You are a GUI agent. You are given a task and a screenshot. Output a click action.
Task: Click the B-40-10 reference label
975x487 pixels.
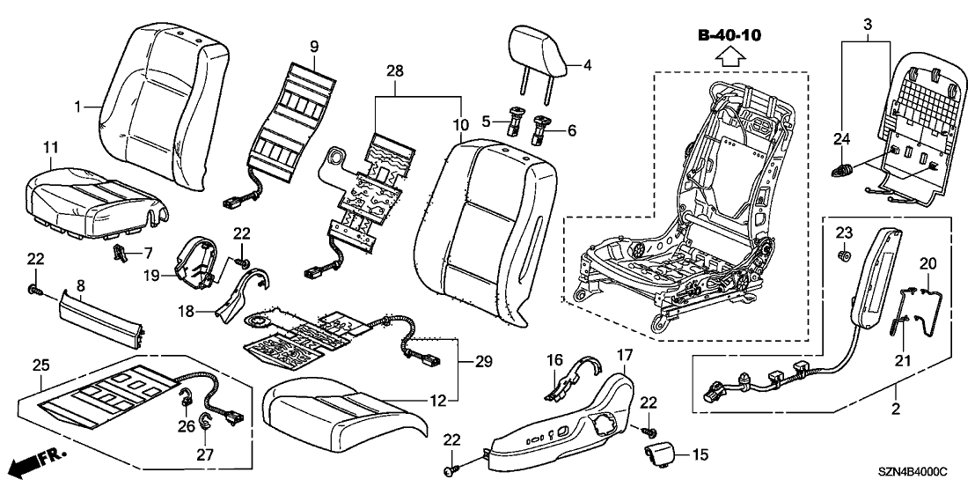(x=729, y=36)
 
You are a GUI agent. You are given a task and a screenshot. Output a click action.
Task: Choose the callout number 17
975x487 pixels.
(x=623, y=355)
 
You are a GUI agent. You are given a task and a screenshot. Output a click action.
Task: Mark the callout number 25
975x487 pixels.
(x=39, y=364)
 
